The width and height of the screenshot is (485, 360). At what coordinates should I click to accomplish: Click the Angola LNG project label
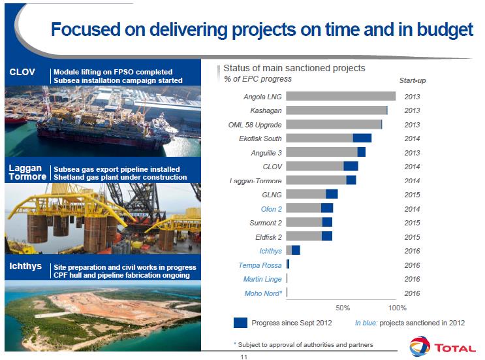coord(262,97)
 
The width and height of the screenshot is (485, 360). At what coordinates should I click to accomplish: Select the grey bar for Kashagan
coord(336,110)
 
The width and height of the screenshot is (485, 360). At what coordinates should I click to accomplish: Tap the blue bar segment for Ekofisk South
coord(362,138)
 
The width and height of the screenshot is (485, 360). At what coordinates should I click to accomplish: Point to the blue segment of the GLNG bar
coord(332,194)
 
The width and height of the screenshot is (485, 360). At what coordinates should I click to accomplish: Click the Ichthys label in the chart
coord(270,250)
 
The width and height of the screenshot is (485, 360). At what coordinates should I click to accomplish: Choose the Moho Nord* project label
coord(263,293)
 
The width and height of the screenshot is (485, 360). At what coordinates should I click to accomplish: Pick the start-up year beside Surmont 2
coord(412,223)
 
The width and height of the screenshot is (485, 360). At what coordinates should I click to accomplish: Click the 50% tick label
coord(343,307)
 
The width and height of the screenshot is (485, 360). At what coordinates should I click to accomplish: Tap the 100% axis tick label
coord(397,307)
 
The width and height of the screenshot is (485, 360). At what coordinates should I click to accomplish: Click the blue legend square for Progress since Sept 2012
coord(240,322)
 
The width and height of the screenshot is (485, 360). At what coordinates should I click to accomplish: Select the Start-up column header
coord(412,80)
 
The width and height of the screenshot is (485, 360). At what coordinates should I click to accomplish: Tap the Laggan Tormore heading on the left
coord(27,172)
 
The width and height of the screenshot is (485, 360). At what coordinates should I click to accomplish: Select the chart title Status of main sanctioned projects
coord(294,68)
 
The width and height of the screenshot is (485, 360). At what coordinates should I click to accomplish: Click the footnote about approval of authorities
coord(303,344)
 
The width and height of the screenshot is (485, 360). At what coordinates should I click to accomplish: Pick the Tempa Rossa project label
coord(260,265)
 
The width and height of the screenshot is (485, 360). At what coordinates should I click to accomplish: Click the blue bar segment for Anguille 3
coord(361,152)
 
